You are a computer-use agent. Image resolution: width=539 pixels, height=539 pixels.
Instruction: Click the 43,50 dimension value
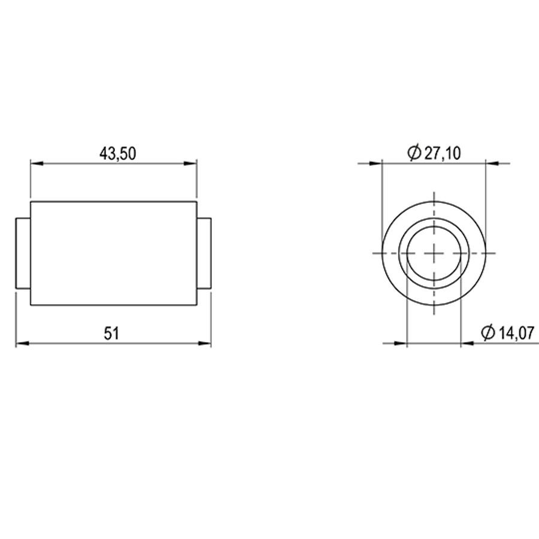[117, 153]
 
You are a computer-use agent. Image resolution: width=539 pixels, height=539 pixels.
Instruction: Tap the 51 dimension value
[111, 334]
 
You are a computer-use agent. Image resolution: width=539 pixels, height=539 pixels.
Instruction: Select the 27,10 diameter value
[443, 153]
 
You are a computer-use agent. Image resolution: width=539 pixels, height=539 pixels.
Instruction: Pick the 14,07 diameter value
[516, 333]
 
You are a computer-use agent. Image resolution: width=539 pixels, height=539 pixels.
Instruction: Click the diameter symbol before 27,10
[414, 153]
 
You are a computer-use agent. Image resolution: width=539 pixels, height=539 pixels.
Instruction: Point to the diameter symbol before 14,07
[487, 332]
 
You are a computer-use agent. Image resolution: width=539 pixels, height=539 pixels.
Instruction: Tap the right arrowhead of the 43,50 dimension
[190, 163]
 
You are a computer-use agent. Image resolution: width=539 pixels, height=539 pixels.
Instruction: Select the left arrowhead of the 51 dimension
[22, 343]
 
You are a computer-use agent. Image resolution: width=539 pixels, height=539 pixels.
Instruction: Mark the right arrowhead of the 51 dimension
[205, 343]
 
